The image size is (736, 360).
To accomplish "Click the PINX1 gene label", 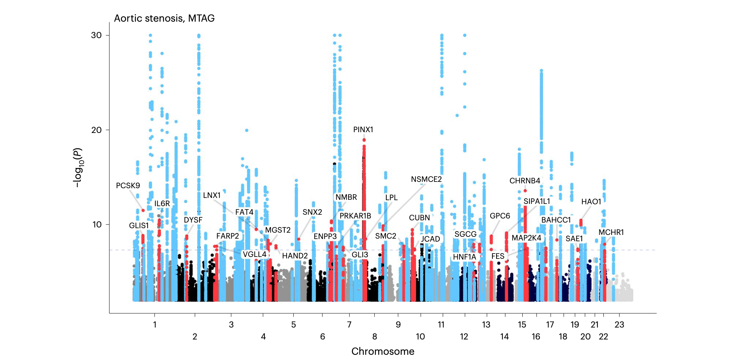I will [363, 130].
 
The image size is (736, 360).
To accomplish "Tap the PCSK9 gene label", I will [128, 186].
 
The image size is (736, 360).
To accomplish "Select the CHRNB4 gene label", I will [525, 181].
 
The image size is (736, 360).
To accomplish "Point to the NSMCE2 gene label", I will [426, 179].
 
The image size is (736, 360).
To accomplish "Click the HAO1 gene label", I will [591, 202].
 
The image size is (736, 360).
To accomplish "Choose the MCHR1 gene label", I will [611, 232].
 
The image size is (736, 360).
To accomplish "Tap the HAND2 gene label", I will [295, 256].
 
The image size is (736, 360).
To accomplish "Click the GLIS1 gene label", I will [139, 226].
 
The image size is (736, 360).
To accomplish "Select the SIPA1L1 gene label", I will [536, 201].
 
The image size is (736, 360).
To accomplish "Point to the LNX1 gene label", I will [212, 195].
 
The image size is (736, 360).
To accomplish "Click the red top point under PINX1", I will [364, 140].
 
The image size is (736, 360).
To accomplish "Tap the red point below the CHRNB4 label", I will [525, 191].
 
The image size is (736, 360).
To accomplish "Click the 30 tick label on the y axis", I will [96, 35].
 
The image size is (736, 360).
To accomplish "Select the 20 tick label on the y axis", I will [96, 130].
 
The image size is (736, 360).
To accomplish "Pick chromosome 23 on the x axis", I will [619, 325].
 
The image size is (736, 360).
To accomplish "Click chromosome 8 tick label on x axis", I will [375, 336].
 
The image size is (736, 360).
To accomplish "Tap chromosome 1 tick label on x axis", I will [155, 325].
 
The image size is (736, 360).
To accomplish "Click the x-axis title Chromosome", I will [383, 351].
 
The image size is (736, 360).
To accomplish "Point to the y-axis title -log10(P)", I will [78, 167].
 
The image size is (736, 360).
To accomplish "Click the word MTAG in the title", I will [201, 18].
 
